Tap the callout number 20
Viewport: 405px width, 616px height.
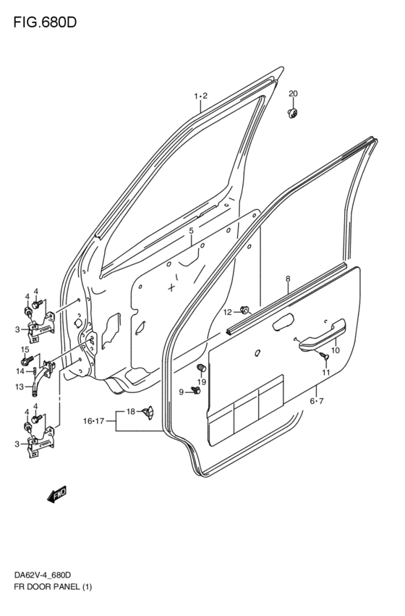293,94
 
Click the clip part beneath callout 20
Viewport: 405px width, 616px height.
294,113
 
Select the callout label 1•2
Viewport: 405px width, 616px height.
201,96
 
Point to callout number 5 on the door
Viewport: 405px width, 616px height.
191,231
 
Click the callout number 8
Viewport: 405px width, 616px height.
287,279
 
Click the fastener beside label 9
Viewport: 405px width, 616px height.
195,392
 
